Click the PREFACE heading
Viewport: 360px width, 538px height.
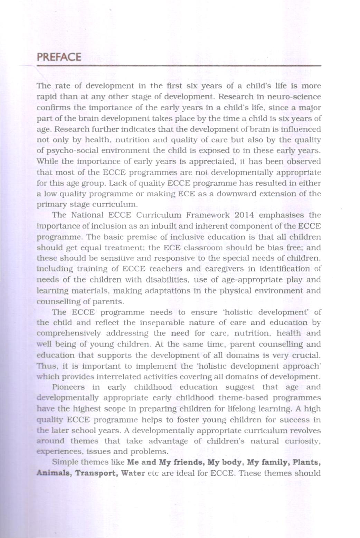click(59, 57)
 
